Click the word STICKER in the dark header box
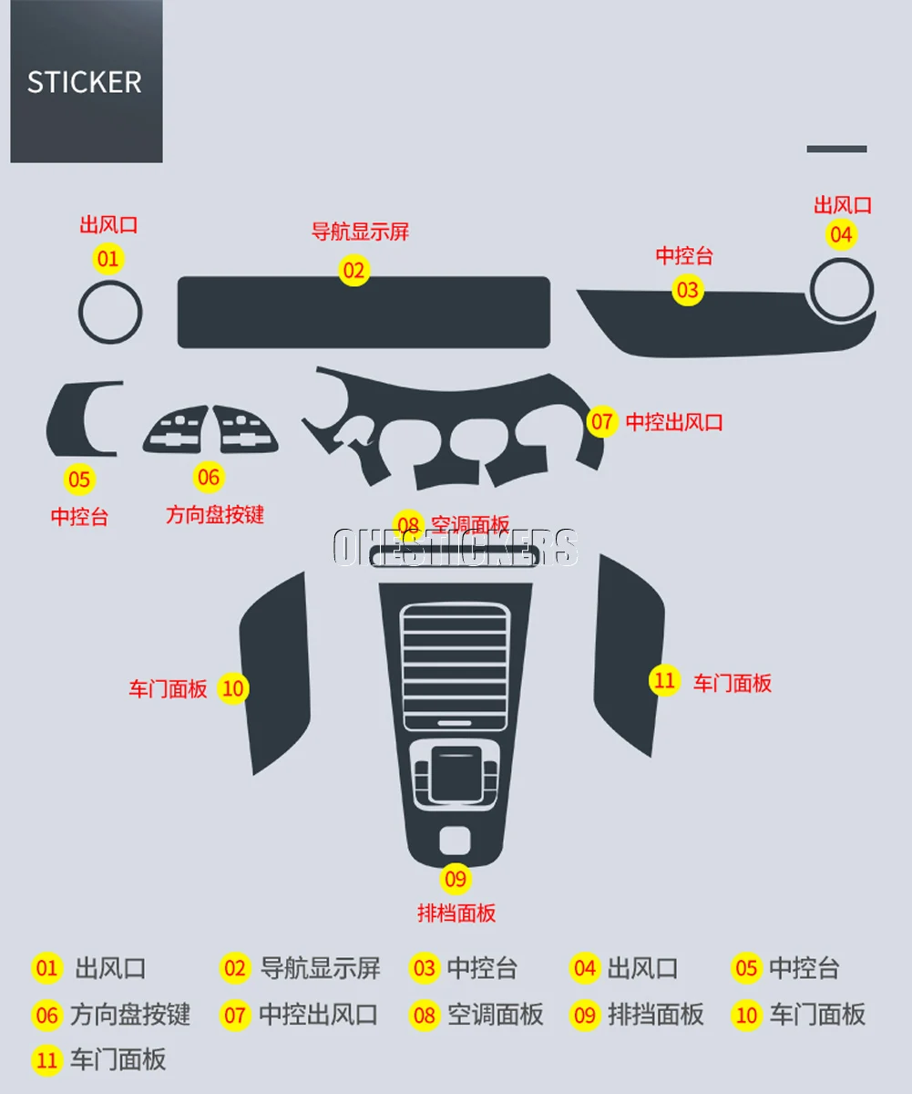(84, 82)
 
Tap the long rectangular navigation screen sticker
(363, 313)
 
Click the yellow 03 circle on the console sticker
(688, 290)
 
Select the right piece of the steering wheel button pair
(246, 428)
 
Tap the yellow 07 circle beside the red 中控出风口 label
(602, 422)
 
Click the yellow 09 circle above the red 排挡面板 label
(456, 879)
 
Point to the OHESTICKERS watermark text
(455, 547)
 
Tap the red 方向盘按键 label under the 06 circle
(215, 515)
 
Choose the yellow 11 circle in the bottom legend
(46, 1060)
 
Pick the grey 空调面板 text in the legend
(495, 1015)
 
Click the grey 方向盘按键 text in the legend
(130, 1015)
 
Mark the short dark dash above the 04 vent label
(836, 149)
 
